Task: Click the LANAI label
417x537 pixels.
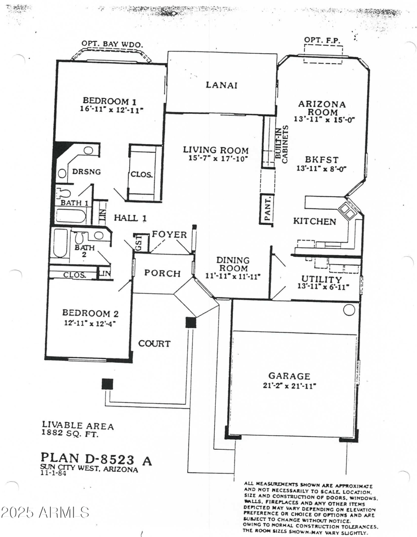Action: point(222,85)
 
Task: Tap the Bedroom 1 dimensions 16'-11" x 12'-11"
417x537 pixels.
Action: point(112,110)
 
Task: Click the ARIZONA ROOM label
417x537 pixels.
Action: point(322,108)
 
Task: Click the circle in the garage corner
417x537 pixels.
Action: point(349,310)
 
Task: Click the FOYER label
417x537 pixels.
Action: point(169,235)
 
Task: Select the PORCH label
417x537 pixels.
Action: point(162,273)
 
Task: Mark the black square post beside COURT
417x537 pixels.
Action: point(191,322)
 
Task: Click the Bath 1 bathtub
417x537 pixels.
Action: point(73,216)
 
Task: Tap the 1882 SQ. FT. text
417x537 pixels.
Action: point(70,434)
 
